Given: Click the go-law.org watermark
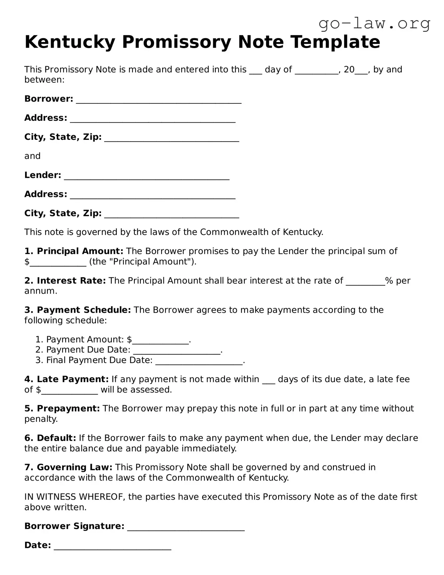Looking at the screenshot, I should [x=374, y=24].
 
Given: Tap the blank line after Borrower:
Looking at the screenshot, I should [x=158, y=100].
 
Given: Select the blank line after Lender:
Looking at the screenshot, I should [x=146, y=176].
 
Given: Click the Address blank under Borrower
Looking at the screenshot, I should [x=152, y=119].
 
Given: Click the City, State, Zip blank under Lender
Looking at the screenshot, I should [x=171, y=214].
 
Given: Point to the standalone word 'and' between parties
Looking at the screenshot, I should [x=32, y=156].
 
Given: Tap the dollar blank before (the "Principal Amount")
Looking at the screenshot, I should [x=58, y=262].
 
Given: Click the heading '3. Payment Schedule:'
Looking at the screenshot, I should [x=77, y=310].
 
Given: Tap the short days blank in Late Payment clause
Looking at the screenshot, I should [x=269, y=380].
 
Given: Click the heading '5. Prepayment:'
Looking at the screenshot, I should [x=62, y=409].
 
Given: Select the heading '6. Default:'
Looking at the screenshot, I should [x=50, y=438].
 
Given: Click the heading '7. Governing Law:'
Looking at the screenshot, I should [x=68, y=468].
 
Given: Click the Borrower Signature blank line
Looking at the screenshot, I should [x=186, y=527].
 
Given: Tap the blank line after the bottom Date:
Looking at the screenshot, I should [x=112, y=546].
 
